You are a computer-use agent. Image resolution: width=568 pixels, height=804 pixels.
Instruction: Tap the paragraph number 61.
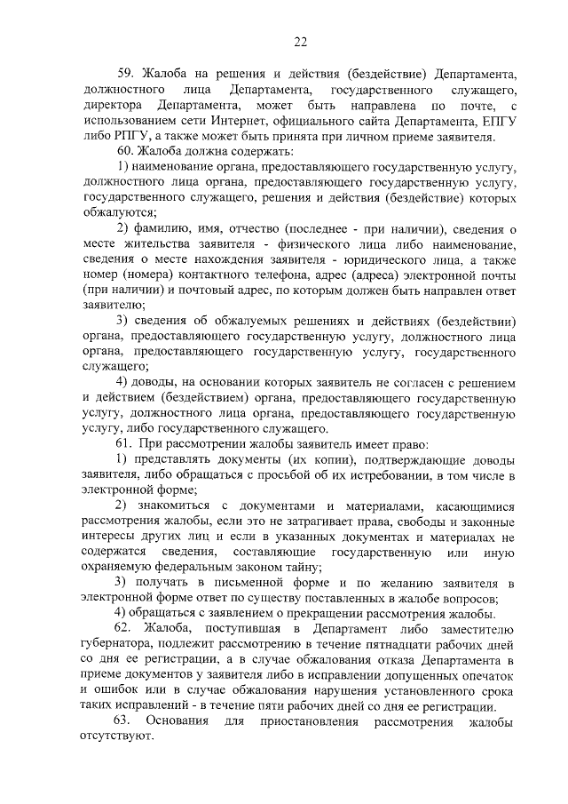[125, 442]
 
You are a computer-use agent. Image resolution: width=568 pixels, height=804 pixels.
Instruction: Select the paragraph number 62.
[125, 629]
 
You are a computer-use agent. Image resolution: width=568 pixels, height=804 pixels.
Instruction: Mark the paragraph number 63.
[125, 721]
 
